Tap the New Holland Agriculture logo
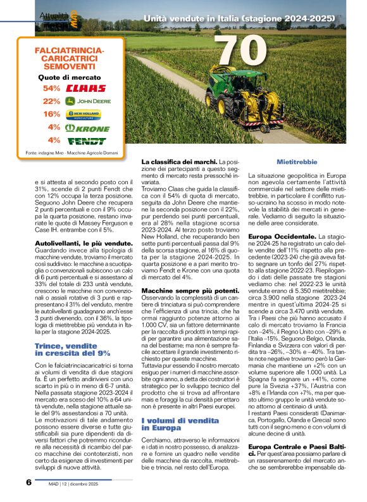pyautogui.click(x=84, y=115)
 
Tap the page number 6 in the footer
pyautogui.click(x=29, y=482)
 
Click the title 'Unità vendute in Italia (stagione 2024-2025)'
pyautogui.click(x=239, y=20)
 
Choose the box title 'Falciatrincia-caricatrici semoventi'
pyautogui.click(x=63, y=58)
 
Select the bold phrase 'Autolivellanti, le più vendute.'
pyautogui.click(x=75, y=244)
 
